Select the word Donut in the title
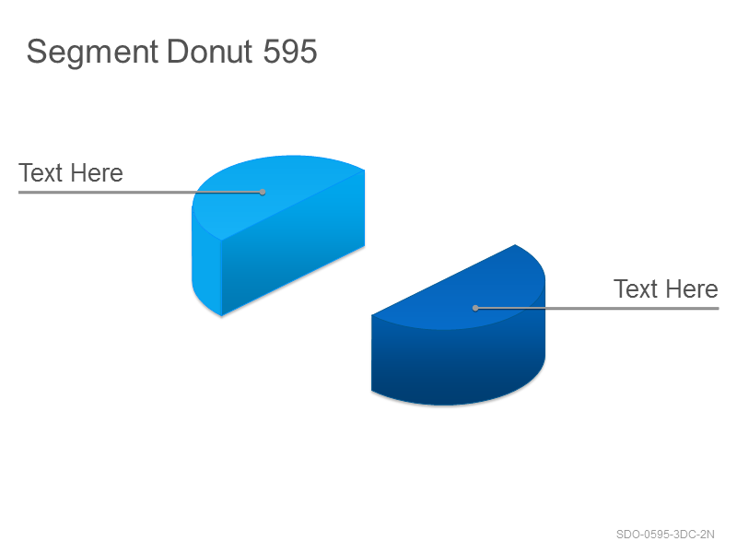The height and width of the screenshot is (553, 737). coord(210,51)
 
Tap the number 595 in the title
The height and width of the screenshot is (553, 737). coord(290,51)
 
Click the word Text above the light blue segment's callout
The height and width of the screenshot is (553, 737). coord(41,172)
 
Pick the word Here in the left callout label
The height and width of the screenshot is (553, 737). coord(98,172)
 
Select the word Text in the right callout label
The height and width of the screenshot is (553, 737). coord(636,288)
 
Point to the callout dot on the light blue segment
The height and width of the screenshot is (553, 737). coord(263,192)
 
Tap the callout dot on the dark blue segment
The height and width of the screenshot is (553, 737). coord(475,308)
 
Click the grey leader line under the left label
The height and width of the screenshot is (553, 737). coord(140,192)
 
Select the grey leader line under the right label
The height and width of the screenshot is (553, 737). coord(597,308)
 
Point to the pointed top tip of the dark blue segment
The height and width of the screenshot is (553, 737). coord(515,244)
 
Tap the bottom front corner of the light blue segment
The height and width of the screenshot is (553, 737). coord(221,315)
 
